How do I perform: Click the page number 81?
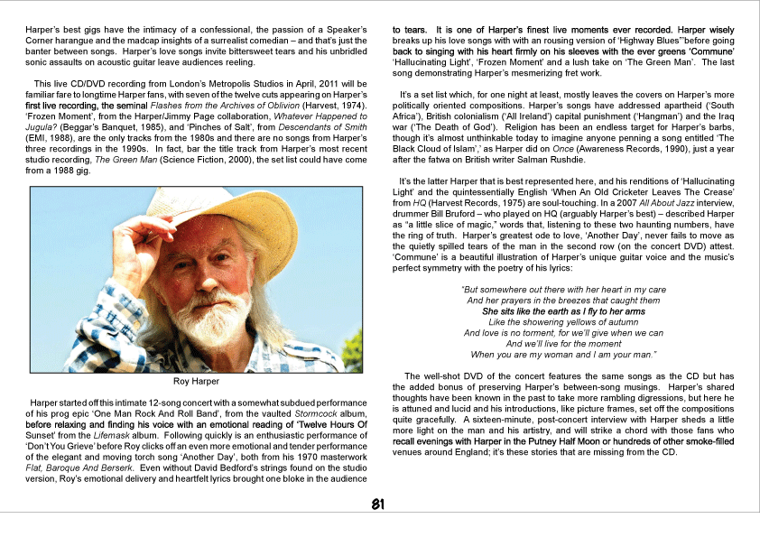click(380, 504)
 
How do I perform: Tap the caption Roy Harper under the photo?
click(197, 381)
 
